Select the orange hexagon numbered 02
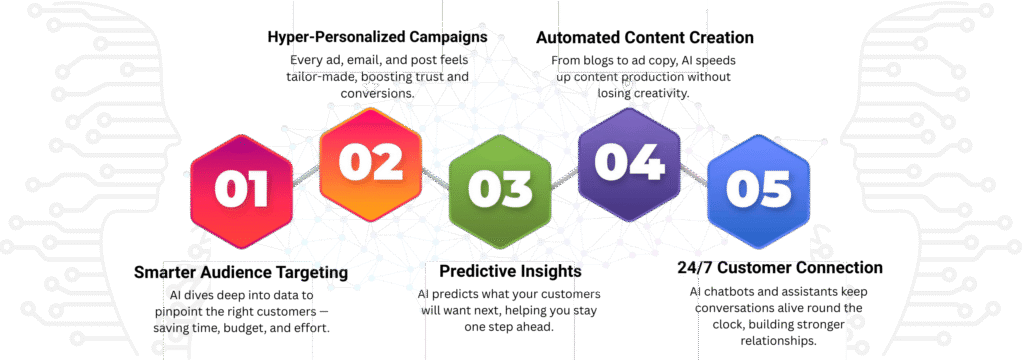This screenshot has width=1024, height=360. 370,164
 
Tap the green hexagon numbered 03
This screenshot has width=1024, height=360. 500,191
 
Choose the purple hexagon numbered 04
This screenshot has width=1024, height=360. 630,164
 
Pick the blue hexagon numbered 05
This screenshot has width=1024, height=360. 759,191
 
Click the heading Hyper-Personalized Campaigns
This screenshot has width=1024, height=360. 377,37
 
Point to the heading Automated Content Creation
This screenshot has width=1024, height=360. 645,37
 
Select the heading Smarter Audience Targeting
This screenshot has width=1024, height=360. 241,272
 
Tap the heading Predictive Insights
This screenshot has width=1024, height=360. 510,270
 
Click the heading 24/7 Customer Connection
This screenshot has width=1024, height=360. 778,268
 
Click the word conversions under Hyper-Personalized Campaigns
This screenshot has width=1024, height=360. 376,93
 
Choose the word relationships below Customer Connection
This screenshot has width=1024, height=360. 778,341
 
